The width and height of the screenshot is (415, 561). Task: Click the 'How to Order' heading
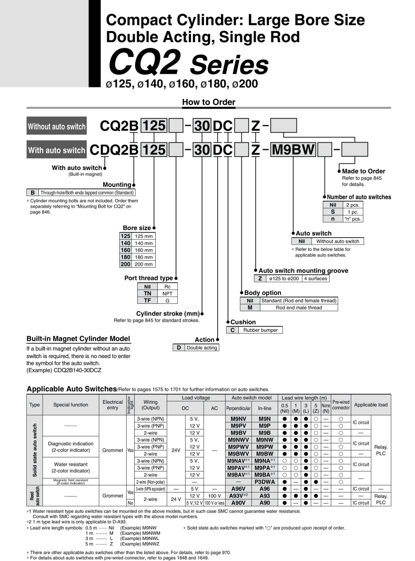click(x=208, y=102)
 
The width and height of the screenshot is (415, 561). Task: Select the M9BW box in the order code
click(x=293, y=150)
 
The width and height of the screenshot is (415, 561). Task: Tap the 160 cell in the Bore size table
click(x=126, y=250)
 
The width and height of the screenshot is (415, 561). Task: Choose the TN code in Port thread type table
click(x=148, y=293)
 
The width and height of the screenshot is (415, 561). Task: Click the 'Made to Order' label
click(x=363, y=171)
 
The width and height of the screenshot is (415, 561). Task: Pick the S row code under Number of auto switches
click(x=332, y=211)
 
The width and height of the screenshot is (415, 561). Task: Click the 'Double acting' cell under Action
click(x=203, y=348)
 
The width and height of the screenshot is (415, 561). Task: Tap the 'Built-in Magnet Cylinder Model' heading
click(x=78, y=338)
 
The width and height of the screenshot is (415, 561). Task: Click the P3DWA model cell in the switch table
click(x=265, y=481)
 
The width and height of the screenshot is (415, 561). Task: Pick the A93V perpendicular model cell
click(x=239, y=495)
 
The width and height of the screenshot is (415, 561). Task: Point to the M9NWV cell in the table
click(x=239, y=438)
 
